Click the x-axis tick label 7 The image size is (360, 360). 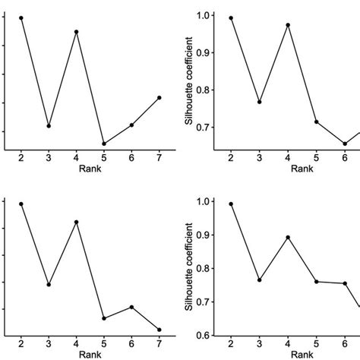[x=159, y=156]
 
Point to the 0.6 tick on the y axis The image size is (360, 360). [x=203, y=335]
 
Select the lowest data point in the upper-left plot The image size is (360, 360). [x=103, y=144]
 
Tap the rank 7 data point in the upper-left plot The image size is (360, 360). [x=159, y=97]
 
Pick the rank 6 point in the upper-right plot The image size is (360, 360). [x=345, y=144]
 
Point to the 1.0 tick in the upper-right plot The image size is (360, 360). [x=203, y=16]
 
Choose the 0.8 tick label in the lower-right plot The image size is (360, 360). [x=203, y=268]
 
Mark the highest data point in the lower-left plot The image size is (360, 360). [x=21, y=204]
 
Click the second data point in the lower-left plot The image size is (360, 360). [x=49, y=285]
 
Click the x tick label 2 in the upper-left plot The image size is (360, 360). [x=21, y=156]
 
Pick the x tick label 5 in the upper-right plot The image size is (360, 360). [x=317, y=156]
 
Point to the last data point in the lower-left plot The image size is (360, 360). [x=159, y=330]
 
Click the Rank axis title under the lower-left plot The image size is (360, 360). [x=90, y=353]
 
